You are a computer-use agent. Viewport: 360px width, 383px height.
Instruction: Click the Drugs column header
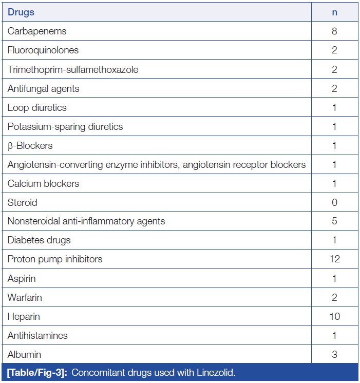21,12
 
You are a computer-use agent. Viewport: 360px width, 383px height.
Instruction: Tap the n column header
335,12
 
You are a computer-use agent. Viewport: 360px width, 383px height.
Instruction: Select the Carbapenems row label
37,31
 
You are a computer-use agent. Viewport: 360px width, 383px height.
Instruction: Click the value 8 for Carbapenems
335,31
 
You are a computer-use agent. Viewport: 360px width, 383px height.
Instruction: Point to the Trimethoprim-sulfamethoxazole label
73,69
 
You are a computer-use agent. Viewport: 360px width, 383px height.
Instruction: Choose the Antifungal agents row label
43,88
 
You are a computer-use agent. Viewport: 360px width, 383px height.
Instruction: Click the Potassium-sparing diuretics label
65,126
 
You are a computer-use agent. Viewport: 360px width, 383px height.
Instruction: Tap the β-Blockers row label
30,145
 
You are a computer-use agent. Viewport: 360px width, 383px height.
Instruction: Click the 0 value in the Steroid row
335,202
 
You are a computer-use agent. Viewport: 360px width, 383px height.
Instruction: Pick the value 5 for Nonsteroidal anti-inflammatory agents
335,221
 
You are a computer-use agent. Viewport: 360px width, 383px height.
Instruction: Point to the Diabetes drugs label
39,240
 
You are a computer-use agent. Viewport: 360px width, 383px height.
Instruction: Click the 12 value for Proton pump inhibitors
335,259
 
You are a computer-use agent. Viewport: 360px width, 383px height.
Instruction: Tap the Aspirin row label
22,278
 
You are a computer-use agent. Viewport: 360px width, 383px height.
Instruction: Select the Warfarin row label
25,297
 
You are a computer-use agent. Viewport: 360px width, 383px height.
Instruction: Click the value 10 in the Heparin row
335,316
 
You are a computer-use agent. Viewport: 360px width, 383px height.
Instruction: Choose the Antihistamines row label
37,335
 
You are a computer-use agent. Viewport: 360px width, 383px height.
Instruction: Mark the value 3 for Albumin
335,354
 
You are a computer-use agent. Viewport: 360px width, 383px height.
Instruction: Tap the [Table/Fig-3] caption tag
36,372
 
